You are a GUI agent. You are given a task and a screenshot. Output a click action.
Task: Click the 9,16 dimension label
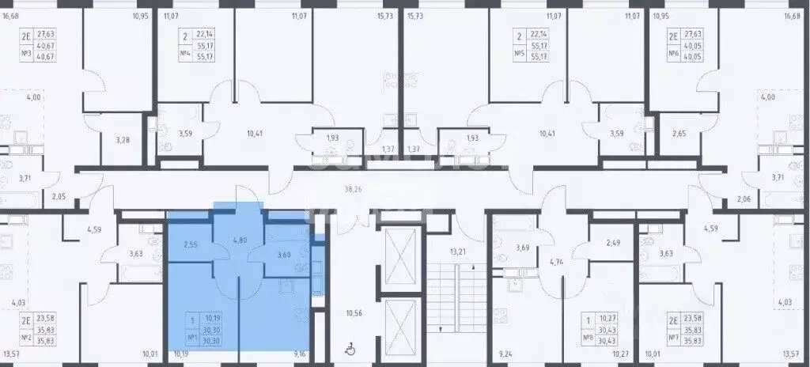(300, 355)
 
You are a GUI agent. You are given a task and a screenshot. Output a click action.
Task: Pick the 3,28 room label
(123, 141)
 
